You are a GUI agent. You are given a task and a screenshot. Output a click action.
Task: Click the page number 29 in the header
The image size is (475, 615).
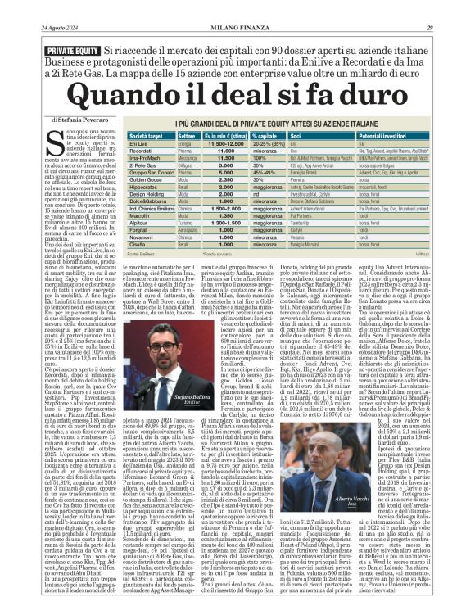[x=464, y=8]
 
